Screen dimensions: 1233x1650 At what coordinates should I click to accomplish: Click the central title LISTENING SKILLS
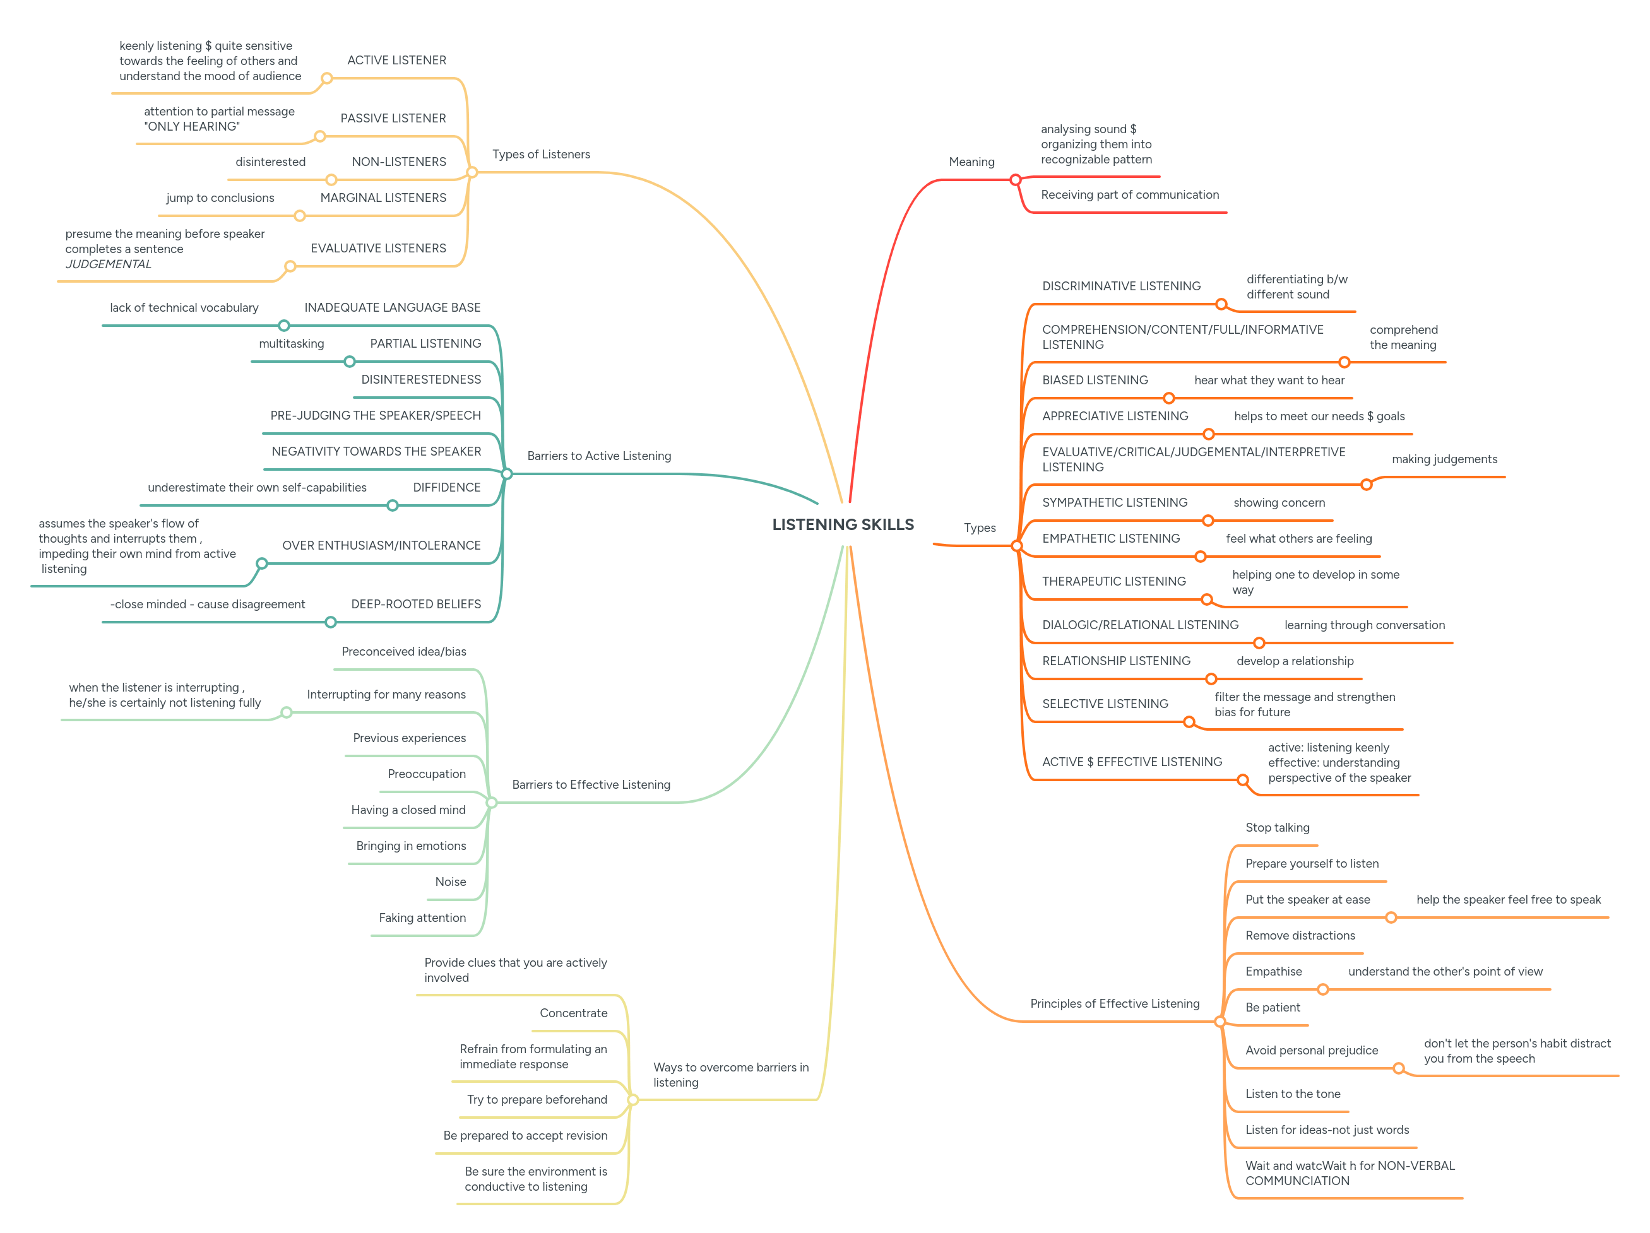pos(842,524)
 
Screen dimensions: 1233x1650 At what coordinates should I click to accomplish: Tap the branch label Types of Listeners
pos(541,155)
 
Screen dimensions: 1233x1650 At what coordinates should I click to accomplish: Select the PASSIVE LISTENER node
pos(393,119)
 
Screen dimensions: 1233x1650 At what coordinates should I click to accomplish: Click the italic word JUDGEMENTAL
pos(108,264)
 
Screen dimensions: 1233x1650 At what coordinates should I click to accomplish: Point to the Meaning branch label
pos(971,162)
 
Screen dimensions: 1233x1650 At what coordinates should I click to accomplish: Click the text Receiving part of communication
pos(1129,195)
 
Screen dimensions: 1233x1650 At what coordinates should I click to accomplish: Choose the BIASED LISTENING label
pos(1095,381)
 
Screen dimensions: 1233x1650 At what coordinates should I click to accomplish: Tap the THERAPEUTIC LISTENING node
pos(1113,582)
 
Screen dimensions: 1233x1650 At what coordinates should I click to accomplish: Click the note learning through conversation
pos(1363,625)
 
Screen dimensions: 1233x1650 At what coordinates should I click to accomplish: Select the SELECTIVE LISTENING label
pos(1105,704)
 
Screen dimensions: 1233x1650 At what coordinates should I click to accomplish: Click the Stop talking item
pos(1277,828)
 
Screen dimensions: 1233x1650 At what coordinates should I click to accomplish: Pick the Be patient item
pos(1272,1008)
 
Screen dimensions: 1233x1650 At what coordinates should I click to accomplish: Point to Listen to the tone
pos(1292,1094)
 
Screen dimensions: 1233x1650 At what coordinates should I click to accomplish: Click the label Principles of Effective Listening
pos(1115,1004)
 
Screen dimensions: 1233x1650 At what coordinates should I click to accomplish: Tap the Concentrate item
pos(573,1013)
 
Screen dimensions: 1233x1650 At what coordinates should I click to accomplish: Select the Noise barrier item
pos(451,882)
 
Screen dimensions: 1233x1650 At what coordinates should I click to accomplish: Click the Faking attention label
pos(422,918)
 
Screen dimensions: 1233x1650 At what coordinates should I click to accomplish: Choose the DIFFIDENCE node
pos(447,488)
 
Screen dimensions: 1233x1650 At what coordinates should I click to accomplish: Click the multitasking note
pos(291,344)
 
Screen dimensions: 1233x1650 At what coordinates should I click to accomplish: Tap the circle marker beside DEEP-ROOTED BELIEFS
pos(331,622)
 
